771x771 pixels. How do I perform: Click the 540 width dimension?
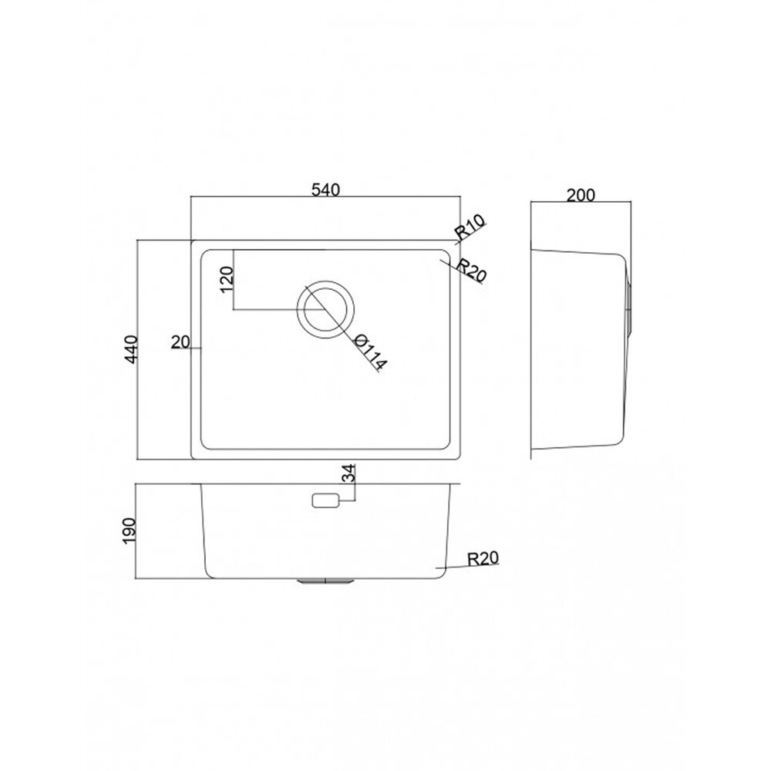point(325,190)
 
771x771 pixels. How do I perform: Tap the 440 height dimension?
point(131,349)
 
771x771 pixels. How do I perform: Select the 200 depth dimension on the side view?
point(581,195)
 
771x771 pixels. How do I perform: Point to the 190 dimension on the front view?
point(130,530)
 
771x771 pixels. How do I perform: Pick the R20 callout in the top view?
point(471,271)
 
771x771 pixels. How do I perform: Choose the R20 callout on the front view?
point(483,558)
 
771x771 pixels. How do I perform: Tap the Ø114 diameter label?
point(371,352)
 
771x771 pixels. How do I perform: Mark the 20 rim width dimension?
point(180,342)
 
